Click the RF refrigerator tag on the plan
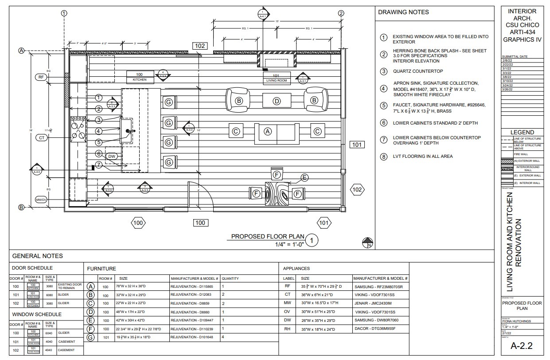click(x=41, y=77)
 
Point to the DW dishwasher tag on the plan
click(x=112, y=156)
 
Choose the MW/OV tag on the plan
click(x=41, y=200)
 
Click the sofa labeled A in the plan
click(x=267, y=131)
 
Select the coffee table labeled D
click(x=277, y=101)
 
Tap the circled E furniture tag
click(x=304, y=178)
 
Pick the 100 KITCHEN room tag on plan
click(x=140, y=77)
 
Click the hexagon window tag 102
click(x=357, y=190)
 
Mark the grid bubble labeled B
click(x=21, y=207)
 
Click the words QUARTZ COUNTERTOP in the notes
click(x=417, y=71)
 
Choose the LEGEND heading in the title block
click(x=522, y=132)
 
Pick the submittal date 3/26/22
click(x=508, y=89)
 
